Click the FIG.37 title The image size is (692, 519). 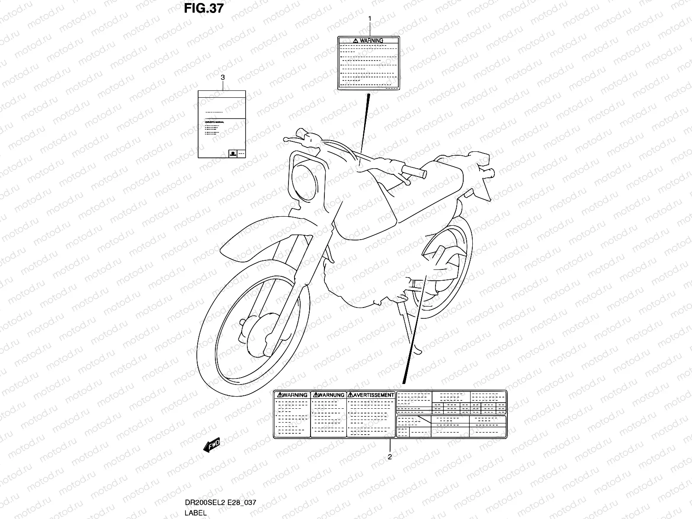tap(203, 8)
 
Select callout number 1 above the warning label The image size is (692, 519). tap(370, 19)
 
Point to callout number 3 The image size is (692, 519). tap(222, 77)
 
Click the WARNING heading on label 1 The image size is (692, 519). tap(368, 41)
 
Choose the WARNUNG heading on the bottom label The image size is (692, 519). tap(329, 395)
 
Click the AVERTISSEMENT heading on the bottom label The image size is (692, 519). tap(371, 395)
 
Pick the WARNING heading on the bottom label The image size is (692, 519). tap(293, 395)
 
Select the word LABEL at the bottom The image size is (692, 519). tap(196, 513)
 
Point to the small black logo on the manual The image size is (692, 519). tap(233, 153)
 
